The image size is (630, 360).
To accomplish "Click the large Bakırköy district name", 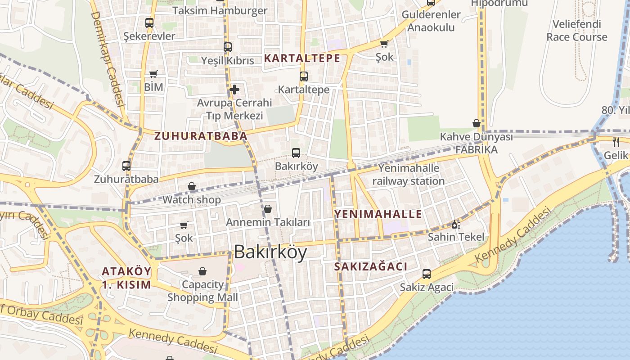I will tap(270, 252).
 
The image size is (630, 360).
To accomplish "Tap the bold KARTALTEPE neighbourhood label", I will tap(302, 58).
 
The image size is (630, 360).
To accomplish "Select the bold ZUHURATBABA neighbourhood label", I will tap(201, 136).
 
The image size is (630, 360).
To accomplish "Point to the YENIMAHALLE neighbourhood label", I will tap(378, 214).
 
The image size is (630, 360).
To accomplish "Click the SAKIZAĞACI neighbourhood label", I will tap(370, 266).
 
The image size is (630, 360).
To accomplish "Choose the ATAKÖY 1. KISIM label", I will tap(126, 278).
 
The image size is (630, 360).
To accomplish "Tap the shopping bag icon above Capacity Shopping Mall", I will tap(202, 271).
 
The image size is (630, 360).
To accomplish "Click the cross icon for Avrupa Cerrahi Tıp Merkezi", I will tap(234, 90).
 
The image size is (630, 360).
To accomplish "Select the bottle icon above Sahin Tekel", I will tap(455, 224).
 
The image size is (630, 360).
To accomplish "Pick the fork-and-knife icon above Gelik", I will tap(616, 142).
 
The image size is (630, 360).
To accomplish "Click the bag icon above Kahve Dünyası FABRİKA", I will tap(476, 123).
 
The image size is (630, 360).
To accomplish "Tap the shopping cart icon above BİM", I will tap(153, 74).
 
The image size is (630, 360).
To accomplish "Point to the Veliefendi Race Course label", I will tap(577, 31).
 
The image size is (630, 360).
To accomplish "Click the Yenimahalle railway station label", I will tap(408, 175).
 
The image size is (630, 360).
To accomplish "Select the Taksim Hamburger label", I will tap(220, 11).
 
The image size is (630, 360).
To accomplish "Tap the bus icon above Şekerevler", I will tap(149, 22).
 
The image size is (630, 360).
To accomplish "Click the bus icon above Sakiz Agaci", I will tap(426, 274).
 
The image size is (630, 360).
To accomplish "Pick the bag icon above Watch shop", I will tap(192, 186).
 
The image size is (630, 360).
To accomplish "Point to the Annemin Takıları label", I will tap(268, 222).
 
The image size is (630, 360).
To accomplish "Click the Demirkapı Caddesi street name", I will tap(108, 58).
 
